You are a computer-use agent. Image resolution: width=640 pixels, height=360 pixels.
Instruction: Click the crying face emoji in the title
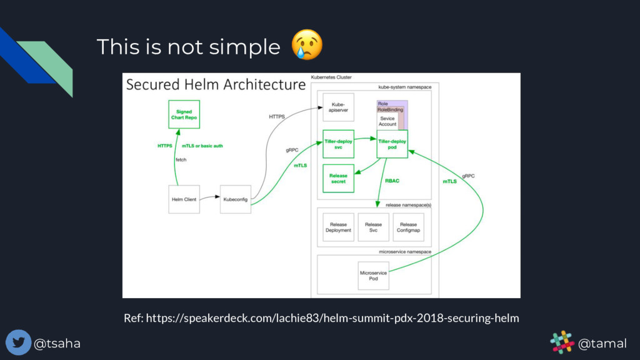coord(307,44)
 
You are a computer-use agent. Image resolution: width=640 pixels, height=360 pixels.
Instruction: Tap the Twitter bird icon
coord(18,342)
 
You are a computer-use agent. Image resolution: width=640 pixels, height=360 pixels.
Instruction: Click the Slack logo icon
coord(562,342)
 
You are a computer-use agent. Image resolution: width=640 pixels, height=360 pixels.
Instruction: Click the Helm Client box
coord(184,199)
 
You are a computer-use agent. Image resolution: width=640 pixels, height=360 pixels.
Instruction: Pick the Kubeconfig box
coord(236,199)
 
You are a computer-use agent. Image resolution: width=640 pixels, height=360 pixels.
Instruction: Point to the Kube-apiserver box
coord(338,107)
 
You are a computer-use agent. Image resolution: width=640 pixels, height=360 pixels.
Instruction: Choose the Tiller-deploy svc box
coord(338,144)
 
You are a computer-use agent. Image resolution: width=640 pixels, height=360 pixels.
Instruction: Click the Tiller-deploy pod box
coord(392,144)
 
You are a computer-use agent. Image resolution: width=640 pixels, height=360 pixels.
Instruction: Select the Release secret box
coord(338,179)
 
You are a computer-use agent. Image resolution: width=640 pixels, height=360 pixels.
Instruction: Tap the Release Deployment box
coord(338,227)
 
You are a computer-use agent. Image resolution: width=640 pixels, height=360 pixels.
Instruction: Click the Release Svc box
coord(373,227)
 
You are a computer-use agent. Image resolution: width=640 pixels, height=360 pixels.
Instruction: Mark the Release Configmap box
coord(408,227)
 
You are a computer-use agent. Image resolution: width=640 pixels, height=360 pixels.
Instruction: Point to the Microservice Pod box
coord(373,276)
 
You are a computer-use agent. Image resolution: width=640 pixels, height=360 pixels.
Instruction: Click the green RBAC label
coord(392,181)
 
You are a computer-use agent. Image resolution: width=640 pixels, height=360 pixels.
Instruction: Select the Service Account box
coord(387,121)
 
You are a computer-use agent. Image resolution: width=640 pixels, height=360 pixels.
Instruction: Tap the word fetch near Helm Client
coord(181,159)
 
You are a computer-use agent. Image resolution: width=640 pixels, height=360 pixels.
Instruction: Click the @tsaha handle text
coord(57,343)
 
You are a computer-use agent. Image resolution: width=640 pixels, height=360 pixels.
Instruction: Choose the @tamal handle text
coord(602,343)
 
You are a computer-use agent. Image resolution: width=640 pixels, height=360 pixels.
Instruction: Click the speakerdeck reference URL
coord(321,318)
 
